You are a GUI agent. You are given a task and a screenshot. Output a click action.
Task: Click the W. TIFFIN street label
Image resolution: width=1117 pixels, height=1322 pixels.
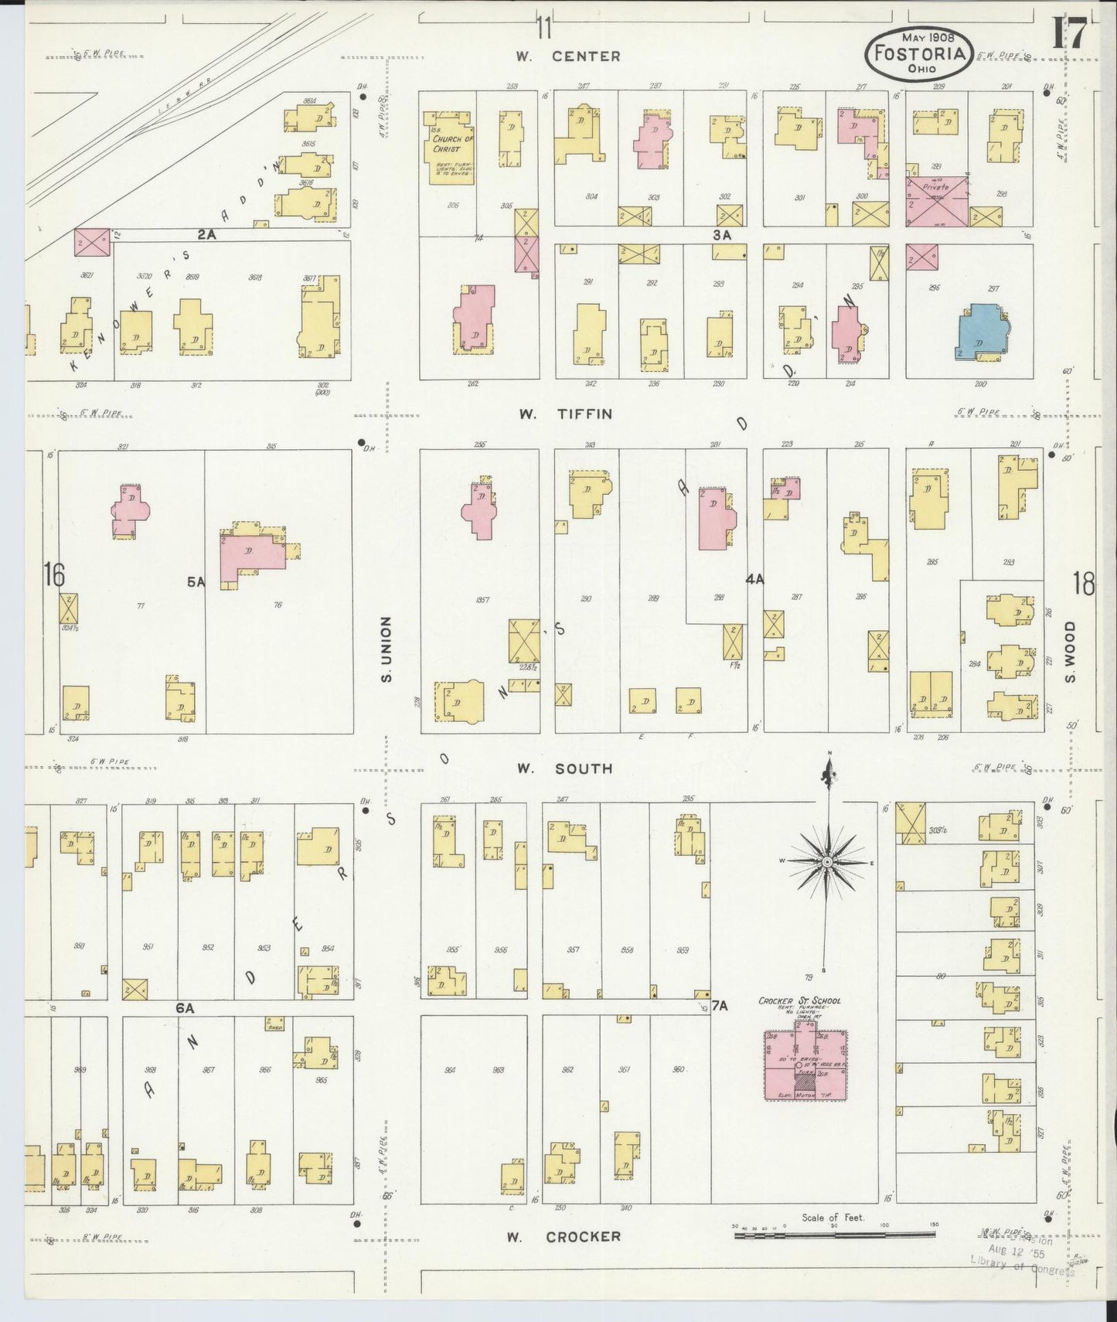coord(566,414)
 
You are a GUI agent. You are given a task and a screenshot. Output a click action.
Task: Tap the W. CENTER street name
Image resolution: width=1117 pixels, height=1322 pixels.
coord(568,56)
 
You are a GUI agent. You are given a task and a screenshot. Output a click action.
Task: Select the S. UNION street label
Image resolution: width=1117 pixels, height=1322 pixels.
coord(387,649)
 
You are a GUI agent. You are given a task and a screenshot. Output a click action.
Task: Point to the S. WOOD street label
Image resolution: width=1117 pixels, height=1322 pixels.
coord(1071,652)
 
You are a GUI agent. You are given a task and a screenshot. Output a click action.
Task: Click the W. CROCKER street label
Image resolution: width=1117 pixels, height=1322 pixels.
coord(564,1237)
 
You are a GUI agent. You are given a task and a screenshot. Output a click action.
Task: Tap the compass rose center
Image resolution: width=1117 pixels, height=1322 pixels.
coord(827,861)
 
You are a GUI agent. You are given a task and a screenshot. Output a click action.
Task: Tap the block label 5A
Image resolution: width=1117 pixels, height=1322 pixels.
coord(196,582)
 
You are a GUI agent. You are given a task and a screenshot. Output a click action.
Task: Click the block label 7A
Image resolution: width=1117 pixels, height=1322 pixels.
coord(720,1006)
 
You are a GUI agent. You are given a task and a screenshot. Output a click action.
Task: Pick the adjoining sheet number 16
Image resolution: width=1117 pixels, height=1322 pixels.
coord(53,574)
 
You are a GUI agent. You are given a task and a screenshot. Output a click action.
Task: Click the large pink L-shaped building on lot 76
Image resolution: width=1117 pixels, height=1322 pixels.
coord(251,555)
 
